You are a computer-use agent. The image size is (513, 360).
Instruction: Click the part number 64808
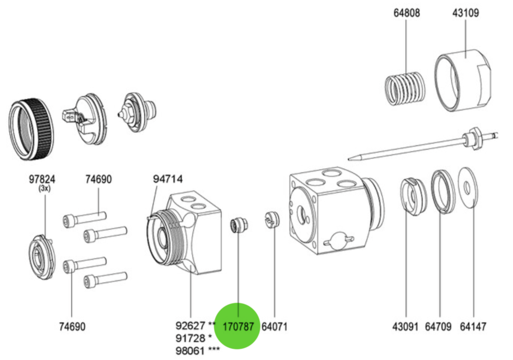[x=406, y=13]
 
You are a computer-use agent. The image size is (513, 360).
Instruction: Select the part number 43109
[x=465, y=13]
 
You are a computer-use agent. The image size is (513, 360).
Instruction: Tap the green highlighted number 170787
[x=239, y=326]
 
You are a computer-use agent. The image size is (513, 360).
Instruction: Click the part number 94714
[x=169, y=179]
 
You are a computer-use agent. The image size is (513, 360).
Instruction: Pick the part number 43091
[x=405, y=326]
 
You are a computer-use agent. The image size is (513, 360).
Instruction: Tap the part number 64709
[x=438, y=326]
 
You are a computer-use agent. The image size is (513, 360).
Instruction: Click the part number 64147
[x=473, y=326]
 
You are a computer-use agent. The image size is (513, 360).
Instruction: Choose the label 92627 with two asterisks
[x=196, y=325]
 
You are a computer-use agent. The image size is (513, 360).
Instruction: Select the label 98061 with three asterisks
[x=197, y=350]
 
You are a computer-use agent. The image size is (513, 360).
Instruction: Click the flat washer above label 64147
[x=467, y=187]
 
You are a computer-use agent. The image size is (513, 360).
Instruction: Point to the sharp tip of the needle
[x=351, y=157]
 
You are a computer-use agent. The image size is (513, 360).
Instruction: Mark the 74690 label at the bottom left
[x=72, y=326]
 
